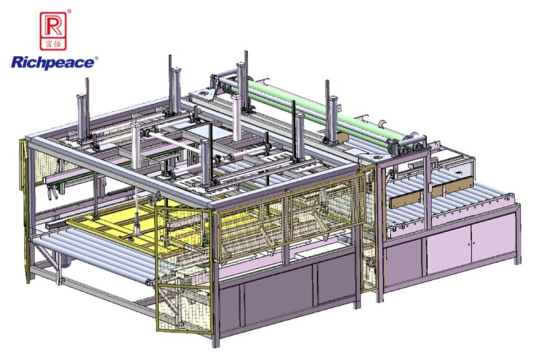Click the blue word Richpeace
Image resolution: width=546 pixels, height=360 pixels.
(x=53, y=63)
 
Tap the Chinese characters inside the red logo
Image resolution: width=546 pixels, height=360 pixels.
(x=53, y=43)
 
